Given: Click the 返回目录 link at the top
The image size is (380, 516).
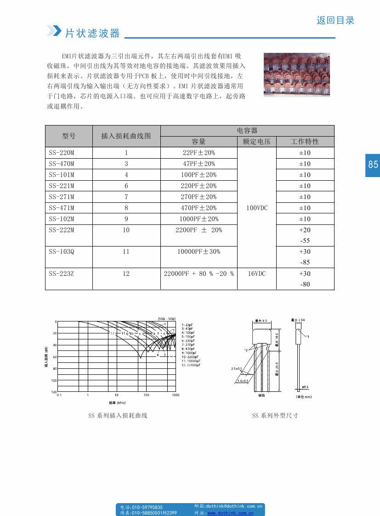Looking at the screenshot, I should pyautogui.click(x=335, y=21).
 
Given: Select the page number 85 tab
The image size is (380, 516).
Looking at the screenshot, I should pyautogui.click(x=373, y=165).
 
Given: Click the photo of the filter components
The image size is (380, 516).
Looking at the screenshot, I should pyautogui.click(x=296, y=75).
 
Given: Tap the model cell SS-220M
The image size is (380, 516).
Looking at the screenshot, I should pyautogui.click(x=62, y=153).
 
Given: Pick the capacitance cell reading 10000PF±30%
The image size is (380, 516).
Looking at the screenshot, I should pyautogui.click(x=199, y=252).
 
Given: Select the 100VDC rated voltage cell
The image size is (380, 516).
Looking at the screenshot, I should pyautogui.click(x=256, y=208).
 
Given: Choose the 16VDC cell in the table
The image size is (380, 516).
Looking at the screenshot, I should pyautogui.click(x=256, y=274).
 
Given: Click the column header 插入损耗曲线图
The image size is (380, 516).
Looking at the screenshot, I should pyautogui.click(x=126, y=136).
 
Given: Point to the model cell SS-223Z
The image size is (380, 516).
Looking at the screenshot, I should pyautogui.click(x=62, y=274).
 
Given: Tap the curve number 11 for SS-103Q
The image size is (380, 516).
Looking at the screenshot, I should pyautogui.click(x=126, y=252).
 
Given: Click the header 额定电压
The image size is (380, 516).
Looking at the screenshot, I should pyautogui.click(x=256, y=142).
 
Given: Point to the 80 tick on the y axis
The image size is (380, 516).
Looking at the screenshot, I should pyautogui.click(x=55, y=369).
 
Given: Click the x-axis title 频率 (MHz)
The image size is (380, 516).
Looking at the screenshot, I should pyautogui.click(x=117, y=403).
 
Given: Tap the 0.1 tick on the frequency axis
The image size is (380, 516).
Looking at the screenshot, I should pyautogui.click(x=59, y=395).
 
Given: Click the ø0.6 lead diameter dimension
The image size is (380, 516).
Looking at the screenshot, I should pyautogui.click(x=305, y=387).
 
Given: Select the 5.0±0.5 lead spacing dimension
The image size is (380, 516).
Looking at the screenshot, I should pyautogui.click(x=243, y=381).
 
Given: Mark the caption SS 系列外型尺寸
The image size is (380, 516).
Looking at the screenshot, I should pyautogui.click(x=275, y=415).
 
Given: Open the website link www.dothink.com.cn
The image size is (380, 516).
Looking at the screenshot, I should pyautogui.click(x=231, y=512).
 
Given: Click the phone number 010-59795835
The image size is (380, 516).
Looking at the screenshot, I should pyautogui.click(x=147, y=507).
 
